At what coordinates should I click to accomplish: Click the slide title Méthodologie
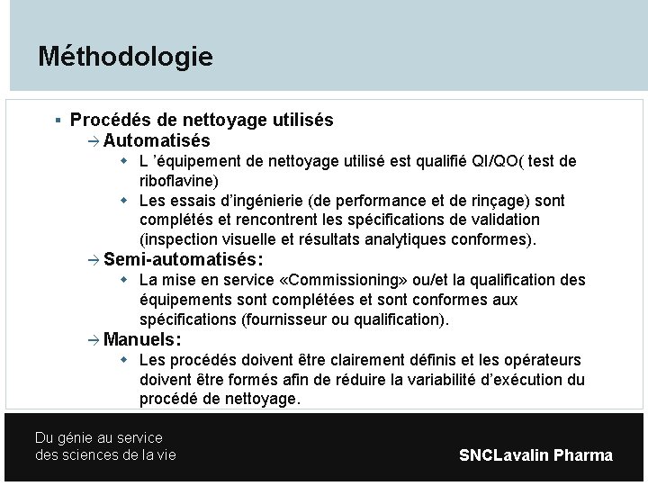pos(125,57)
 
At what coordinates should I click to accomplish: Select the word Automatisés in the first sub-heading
pos(157,141)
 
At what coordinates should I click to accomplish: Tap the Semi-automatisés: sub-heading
pos(184,259)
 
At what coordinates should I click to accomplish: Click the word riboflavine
pos(176,180)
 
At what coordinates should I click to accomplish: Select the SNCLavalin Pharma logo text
pos(535,455)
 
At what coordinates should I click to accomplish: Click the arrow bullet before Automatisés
pos(95,141)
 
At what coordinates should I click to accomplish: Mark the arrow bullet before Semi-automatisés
pos(95,259)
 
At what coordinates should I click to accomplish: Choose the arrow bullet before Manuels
pos(95,340)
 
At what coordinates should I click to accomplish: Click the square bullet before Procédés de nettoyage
pos(57,120)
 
